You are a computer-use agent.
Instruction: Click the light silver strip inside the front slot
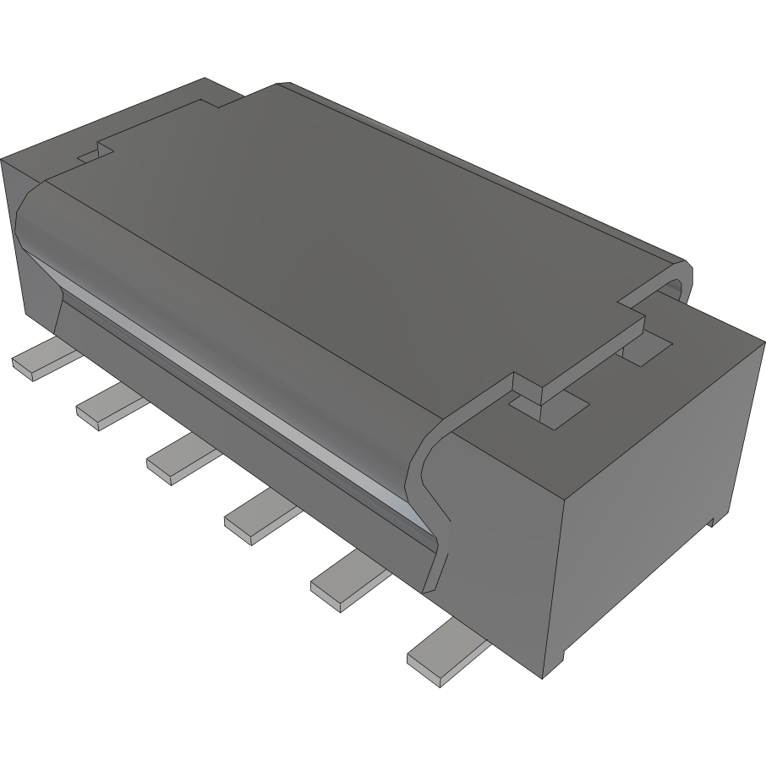(x=254, y=397)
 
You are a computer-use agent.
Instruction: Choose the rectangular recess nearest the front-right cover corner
(x=550, y=407)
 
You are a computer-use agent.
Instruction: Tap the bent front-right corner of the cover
(x=431, y=490)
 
